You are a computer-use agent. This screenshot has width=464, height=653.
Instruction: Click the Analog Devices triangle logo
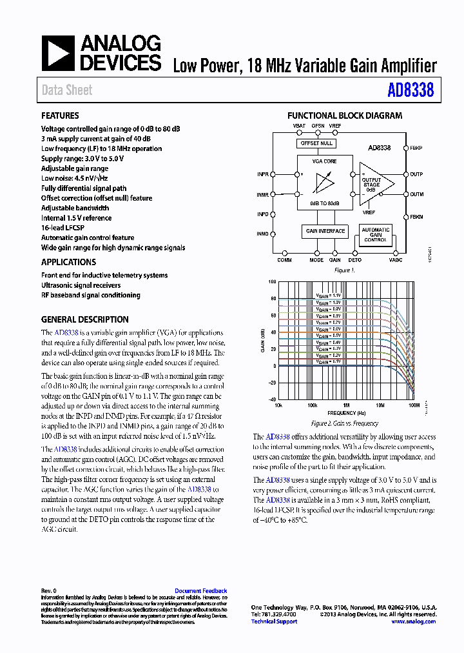58,54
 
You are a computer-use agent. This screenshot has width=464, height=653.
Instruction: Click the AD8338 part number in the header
411,90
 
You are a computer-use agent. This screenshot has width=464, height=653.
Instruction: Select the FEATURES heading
60,116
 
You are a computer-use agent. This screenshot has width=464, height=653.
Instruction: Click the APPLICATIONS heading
68,262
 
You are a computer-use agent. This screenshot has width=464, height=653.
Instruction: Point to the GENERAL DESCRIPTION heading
84,319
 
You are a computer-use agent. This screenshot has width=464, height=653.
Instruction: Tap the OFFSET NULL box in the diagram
316,143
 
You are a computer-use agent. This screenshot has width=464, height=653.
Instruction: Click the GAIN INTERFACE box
325,231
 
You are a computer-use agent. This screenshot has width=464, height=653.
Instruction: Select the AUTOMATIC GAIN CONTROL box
375,235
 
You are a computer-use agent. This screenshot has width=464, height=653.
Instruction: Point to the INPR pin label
263,174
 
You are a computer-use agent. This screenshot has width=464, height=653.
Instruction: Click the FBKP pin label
416,148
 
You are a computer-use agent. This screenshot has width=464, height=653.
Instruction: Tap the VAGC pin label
395,260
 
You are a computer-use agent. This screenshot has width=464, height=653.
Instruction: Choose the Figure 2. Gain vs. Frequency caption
344,424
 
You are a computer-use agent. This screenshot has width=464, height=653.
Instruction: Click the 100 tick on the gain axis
272,282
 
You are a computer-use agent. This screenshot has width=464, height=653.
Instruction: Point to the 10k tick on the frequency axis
278,406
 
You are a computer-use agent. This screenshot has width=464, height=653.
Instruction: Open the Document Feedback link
200,591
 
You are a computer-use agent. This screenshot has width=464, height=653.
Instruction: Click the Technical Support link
274,621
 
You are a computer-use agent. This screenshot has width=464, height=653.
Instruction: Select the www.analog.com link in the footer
414,621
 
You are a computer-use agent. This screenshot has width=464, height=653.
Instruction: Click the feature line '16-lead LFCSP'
64,228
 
